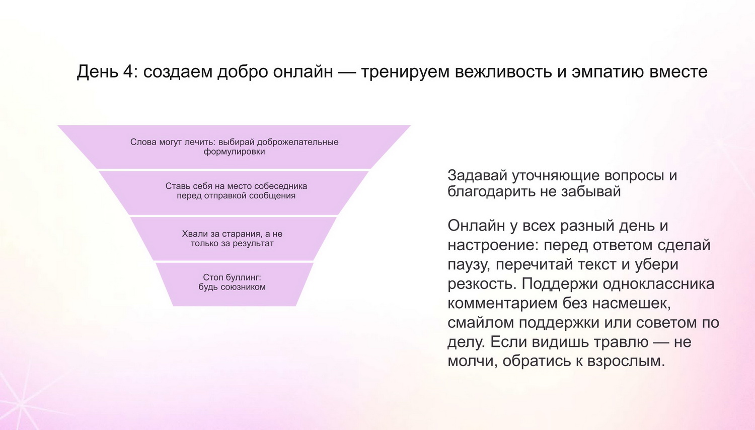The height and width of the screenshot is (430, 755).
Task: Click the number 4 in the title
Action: [x=128, y=71]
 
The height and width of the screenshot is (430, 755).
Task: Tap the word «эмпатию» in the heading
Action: [x=608, y=71]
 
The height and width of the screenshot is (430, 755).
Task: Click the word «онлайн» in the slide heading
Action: [x=303, y=71]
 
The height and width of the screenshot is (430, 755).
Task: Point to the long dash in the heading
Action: [x=347, y=72]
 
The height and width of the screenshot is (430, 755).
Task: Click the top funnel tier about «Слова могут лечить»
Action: [x=234, y=147]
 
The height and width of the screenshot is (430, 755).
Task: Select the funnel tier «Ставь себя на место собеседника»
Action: [x=234, y=193]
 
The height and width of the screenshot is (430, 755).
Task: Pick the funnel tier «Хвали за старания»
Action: [x=233, y=239]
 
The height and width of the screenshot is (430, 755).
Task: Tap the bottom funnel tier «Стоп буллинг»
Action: [x=234, y=284]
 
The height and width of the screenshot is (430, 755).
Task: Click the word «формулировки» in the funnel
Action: [x=234, y=152]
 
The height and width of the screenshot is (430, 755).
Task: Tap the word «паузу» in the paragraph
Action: [x=469, y=265]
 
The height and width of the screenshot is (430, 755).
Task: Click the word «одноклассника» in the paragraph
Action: [x=658, y=284]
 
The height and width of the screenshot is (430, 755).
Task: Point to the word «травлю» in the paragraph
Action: [x=621, y=342]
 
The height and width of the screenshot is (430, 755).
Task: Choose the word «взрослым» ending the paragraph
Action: [x=626, y=362]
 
